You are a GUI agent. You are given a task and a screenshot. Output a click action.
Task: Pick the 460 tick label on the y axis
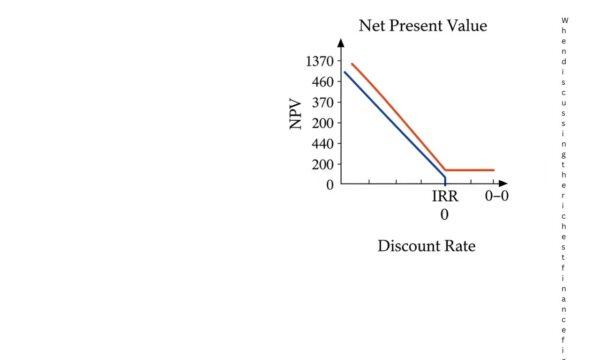pyautogui.click(x=321, y=82)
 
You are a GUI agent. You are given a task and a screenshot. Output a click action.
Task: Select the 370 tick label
pyautogui.click(x=321, y=102)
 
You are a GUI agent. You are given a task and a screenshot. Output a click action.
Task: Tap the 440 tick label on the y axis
pyautogui.click(x=321, y=143)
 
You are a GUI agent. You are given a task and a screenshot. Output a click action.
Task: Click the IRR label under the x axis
pyautogui.click(x=445, y=197)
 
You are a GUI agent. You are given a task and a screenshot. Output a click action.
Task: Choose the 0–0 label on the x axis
pyautogui.click(x=497, y=197)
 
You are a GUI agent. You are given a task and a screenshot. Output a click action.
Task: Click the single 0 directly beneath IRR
pyautogui.click(x=445, y=215)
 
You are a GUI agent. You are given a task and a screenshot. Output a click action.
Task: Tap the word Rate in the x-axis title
pyautogui.click(x=460, y=246)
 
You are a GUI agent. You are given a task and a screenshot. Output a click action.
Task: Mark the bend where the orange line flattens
pyautogui.click(x=446, y=170)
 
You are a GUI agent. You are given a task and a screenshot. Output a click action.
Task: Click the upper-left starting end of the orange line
pyautogui.click(x=352, y=64)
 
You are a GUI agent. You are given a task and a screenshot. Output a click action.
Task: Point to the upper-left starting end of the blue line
pyautogui.click(x=344, y=72)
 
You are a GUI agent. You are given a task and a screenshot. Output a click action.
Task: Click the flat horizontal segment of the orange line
pyautogui.click(x=470, y=170)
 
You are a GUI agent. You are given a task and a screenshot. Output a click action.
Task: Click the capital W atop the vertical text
pyautogui.click(x=565, y=20)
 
